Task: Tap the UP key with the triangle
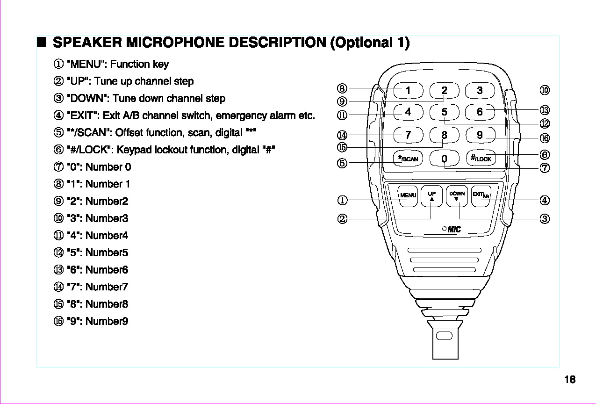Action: (432, 196)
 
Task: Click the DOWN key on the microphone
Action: (457, 196)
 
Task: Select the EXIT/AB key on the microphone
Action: (481, 196)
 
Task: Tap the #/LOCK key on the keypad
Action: (481, 159)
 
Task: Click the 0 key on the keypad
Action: (444, 159)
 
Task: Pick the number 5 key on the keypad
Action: (444, 112)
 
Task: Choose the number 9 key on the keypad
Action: (480, 135)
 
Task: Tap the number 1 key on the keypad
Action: (408, 90)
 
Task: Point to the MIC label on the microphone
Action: (453, 229)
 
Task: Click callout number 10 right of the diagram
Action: (544, 90)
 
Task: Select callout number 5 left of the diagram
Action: (342, 163)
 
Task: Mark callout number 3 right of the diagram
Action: (544, 218)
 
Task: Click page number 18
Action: (569, 380)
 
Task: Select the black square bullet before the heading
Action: (42, 43)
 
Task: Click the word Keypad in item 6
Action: (134, 150)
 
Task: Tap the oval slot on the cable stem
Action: (444, 336)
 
